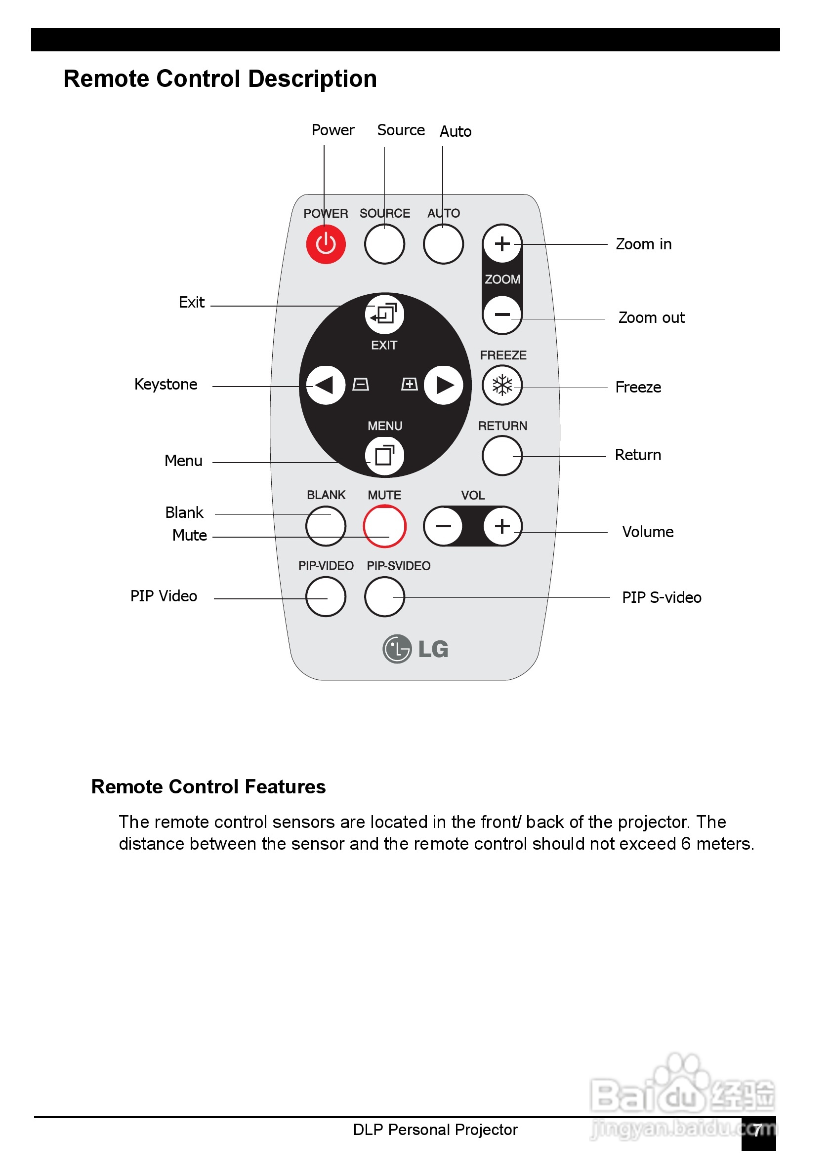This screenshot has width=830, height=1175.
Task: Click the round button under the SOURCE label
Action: (384, 244)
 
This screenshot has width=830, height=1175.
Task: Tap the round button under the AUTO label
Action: (444, 244)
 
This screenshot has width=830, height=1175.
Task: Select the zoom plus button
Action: (502, 243)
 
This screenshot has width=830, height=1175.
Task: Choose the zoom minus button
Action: (502, 314)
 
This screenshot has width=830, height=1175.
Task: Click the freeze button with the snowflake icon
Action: (502, 385)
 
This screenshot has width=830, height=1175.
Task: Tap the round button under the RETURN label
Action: (502, 456)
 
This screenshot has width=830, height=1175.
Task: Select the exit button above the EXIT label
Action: (384, 313)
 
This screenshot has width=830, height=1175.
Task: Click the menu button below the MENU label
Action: (384, 455)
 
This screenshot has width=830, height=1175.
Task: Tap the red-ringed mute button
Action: (384, 526)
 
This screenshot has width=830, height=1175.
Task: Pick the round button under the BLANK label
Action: (326, 526)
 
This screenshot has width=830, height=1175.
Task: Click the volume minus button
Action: (444, 526)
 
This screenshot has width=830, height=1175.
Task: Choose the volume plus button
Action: (502, 526)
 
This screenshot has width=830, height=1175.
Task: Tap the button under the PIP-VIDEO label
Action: (326, 597)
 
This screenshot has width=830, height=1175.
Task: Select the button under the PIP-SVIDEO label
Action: (384, 597)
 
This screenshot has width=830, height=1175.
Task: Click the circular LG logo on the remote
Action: (397, 649)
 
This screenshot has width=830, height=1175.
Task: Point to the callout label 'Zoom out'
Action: (651, 318)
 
